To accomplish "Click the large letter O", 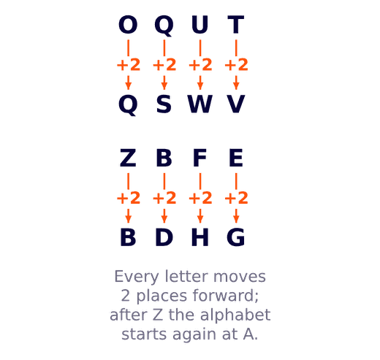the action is point(128,25).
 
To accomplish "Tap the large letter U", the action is point(199,25).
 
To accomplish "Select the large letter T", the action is point(235,25).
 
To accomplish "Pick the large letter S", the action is point(164,104).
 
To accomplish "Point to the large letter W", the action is point(199,104).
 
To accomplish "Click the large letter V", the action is point(235,104).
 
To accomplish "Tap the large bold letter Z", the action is point(128,158).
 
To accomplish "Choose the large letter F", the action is point(199,158).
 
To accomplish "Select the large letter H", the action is point(199,237).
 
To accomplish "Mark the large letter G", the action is point(235,237).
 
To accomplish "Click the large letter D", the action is point(164,237).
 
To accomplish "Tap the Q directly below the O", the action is point(128,104).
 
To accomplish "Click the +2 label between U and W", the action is point(200,65).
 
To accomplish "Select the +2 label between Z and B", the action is point(129,198).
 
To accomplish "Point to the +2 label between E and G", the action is point(236,198).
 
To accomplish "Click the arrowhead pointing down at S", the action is point(164,86).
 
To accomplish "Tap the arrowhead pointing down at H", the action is point(200,219).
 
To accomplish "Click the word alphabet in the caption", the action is point(235,315).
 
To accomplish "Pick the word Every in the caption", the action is point(137,277).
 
